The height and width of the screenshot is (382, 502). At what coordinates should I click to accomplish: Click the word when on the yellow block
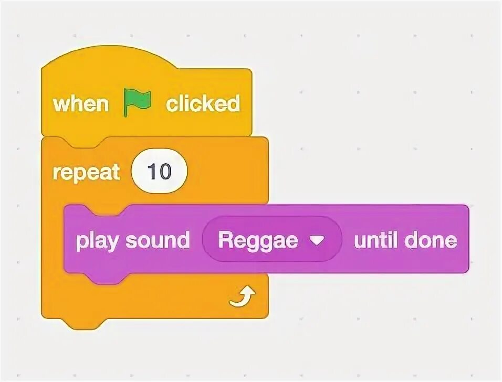tap(80, 103)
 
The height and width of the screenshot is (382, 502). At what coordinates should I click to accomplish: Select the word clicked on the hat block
tap(203, 103)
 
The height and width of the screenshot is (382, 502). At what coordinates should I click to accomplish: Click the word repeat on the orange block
tap(86, 172)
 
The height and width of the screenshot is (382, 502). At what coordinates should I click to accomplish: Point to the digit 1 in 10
tap(153, 172)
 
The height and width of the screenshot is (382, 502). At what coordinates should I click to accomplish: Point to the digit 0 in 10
tap(165, 172)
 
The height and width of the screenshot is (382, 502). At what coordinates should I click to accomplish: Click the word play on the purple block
tap(95, 241)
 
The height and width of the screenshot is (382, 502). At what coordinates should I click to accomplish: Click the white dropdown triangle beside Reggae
tap(317, 240)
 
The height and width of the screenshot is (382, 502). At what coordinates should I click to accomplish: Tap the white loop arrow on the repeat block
tap(243, 298)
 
